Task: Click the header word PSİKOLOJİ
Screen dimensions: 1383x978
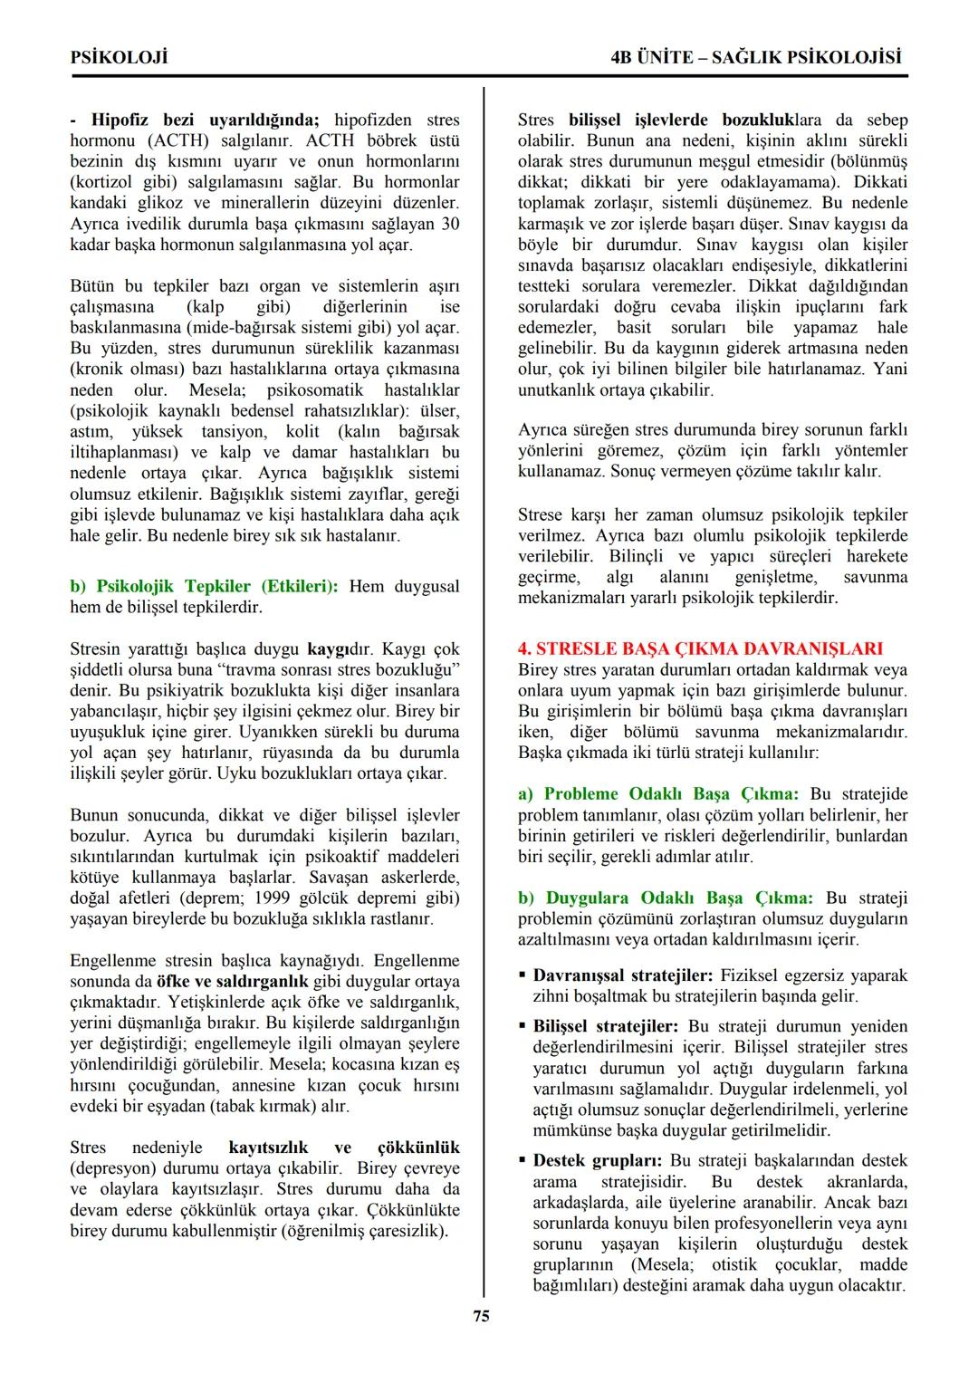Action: click(x=119, y=58)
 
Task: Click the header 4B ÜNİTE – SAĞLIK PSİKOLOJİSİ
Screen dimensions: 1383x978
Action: click(x=757, y=58)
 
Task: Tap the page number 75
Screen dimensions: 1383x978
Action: click(x=482, y=1316)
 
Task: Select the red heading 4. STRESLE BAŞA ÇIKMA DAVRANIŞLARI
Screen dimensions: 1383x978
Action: click(x=700, y=648)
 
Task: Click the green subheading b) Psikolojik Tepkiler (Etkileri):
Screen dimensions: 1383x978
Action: click(x=204, y=586)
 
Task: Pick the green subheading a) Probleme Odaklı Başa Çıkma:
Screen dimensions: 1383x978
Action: click(x=658, y=793)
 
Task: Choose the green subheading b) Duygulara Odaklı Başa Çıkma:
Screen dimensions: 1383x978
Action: click(x=666, y=898)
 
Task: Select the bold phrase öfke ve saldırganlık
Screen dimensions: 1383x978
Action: click(x=232, y=981)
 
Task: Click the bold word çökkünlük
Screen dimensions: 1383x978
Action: click(x=418, y=1147)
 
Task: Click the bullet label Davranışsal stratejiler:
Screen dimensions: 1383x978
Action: click(x=622, y=975)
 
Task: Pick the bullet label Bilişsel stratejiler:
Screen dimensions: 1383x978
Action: click(x=605, y=1026)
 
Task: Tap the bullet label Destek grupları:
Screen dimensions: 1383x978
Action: click(x=598, y=1160)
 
